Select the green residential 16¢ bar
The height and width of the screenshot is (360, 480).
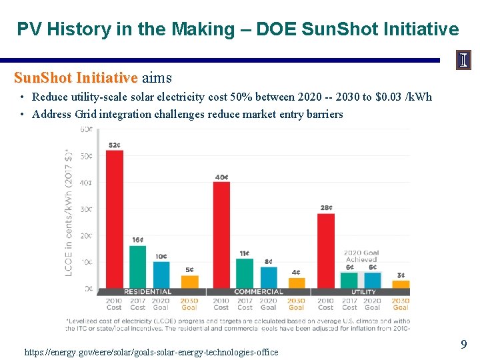click(137, 267)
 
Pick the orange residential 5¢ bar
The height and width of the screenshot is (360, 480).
click(190, 281)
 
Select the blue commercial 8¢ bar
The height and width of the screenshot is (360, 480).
click(269, 277)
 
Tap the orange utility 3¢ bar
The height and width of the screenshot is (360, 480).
click(401, 284)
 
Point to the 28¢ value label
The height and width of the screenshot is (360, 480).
click(326, 208)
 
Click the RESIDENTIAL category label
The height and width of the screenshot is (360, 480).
click(147, 292)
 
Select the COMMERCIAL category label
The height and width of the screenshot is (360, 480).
click(258, 292)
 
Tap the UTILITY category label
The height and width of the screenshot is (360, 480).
click(363, 292)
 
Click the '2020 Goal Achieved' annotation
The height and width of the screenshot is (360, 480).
click(361, 256)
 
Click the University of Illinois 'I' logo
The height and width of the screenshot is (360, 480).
click(463, 61)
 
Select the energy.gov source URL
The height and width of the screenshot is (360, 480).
click(151, 352)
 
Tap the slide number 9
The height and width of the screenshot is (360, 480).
click(463, 345)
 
